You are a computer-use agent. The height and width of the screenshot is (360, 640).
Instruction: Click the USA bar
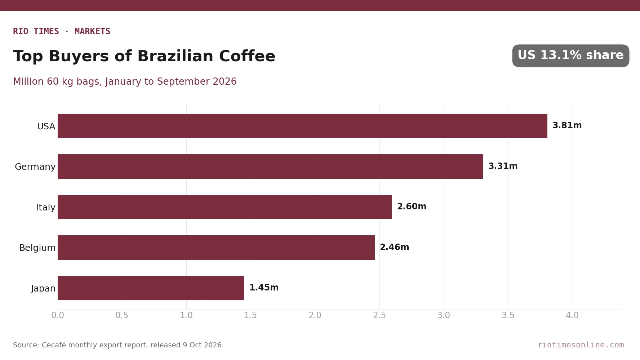302,126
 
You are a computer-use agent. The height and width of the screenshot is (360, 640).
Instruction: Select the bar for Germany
270,166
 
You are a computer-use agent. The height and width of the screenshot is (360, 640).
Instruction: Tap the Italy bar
225,207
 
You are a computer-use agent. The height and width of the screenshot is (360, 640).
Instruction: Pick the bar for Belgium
216,248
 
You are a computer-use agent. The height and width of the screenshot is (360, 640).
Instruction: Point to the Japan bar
151,288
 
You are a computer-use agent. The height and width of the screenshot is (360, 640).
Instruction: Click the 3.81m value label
567,125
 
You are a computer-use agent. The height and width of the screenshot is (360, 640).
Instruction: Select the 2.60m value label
412,206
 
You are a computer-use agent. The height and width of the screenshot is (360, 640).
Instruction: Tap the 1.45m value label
264,288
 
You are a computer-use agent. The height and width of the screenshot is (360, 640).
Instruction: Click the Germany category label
35,167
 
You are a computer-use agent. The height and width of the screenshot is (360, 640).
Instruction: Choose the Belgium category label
37,248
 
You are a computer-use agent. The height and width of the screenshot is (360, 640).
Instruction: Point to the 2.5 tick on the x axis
379,315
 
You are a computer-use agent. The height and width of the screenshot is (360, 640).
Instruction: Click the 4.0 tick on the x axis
572,315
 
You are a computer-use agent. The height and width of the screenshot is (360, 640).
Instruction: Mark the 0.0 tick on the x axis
58,315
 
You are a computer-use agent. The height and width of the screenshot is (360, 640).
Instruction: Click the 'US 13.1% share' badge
570,55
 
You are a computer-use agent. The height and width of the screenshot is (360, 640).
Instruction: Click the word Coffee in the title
247,56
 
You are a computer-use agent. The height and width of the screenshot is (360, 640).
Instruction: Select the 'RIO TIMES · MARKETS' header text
62,31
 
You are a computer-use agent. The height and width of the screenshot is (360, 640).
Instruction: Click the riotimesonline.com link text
581,345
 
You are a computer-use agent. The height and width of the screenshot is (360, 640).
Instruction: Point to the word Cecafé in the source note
54,345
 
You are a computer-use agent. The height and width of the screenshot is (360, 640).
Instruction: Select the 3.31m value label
503,166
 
